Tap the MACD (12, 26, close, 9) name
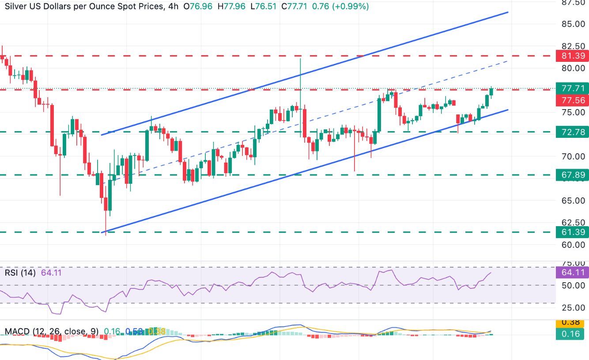pyautogui.click(x=51, y=331)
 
